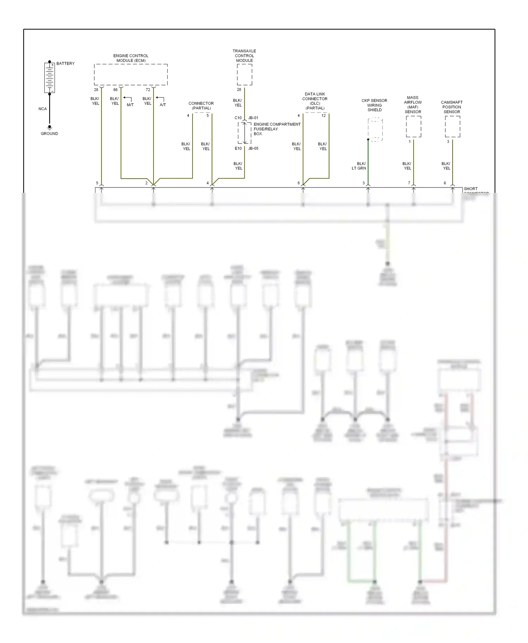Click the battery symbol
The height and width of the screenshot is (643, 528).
(x=50, y=77)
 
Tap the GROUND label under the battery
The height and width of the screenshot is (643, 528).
(x=49, y=134)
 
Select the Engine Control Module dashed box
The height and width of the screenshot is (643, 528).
(x=131, y=75)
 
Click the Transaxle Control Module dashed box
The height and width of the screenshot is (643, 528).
(x=244, y=75)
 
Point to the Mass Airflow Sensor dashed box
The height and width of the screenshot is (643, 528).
(x=413, y=127)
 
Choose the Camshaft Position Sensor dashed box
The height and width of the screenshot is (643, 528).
(x=452, y=127)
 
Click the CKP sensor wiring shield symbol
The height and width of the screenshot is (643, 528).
(x=375, y=129)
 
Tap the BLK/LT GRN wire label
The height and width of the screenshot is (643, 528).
(x=359, y=166)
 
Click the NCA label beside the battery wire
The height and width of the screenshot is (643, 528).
(x=43, y=109)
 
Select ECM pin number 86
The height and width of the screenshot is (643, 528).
(x=115, y=90)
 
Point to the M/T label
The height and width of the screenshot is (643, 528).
(x=130, y=105)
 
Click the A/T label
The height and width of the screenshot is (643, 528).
(x=163, y=105)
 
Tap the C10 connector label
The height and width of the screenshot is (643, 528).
(x=238, y=118)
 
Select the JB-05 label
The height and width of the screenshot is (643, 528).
(x=253, y=148)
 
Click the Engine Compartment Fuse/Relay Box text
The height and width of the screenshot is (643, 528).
(x=277, y=129)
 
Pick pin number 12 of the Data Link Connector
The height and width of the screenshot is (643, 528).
(x=323, y=116)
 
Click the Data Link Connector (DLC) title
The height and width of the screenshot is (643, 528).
(x=315, y=101)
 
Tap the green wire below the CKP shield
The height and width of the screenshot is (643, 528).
(x=368, y=162)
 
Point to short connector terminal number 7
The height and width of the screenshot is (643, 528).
(x=409, y=183)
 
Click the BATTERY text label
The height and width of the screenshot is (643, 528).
(x=65, y=64)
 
